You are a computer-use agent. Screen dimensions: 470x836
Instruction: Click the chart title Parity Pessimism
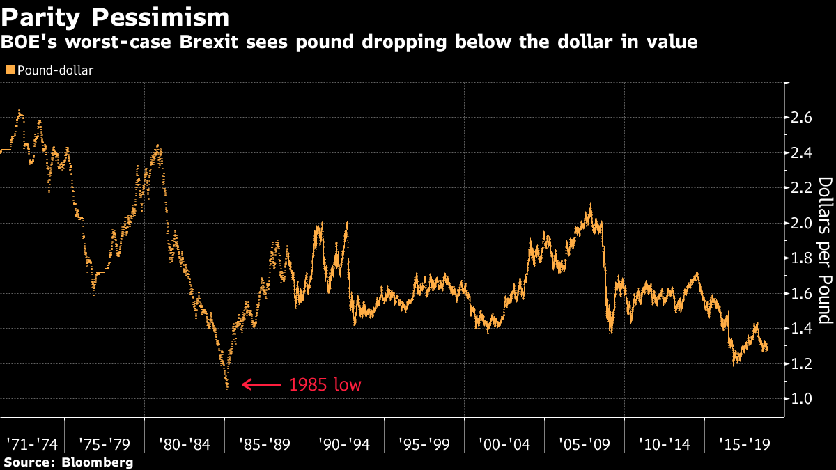[116, 15]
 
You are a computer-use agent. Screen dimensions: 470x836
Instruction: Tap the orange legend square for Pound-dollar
[10, 70]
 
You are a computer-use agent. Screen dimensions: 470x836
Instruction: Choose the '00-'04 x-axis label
[504, 444]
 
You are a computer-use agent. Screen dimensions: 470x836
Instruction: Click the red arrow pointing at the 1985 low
[261, 384]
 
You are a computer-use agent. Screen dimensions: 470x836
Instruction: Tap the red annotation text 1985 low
[325, 384]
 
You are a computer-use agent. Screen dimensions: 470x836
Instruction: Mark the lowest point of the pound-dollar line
[227, 389]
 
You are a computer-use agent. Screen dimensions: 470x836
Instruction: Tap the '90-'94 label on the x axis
[344, 444]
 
